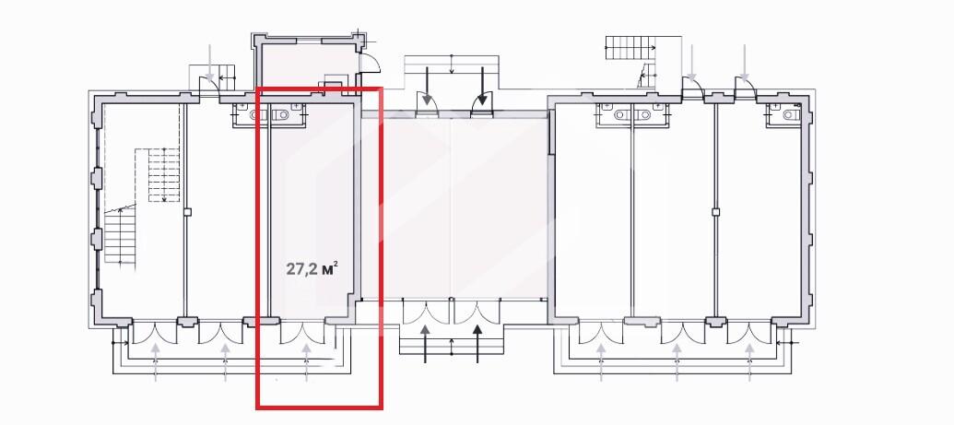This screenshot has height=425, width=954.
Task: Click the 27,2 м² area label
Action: point(312,268)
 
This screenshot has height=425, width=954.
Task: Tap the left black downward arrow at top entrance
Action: point(427,85)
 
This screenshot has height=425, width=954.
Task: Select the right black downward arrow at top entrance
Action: point(482,85)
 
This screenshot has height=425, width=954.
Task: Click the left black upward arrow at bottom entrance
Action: point(426,343)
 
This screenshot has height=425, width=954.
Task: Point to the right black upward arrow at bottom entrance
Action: point(477,343)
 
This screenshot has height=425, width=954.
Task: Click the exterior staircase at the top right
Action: point(627,48)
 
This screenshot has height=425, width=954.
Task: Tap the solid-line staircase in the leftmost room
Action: point(120,234)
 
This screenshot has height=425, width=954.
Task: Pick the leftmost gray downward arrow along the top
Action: point(210,63)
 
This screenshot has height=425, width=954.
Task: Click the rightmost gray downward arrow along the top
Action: point(745,63)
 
